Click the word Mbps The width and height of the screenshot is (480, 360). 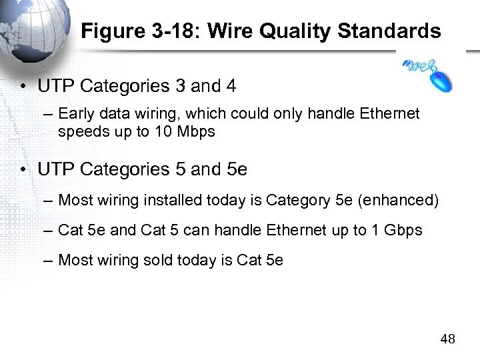click(x=197, y=132)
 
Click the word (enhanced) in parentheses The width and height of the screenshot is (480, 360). click(x=403, y=200)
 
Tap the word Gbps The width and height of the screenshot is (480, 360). click(x=403, y=230)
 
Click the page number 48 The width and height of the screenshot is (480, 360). click(x=448, y=339)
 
